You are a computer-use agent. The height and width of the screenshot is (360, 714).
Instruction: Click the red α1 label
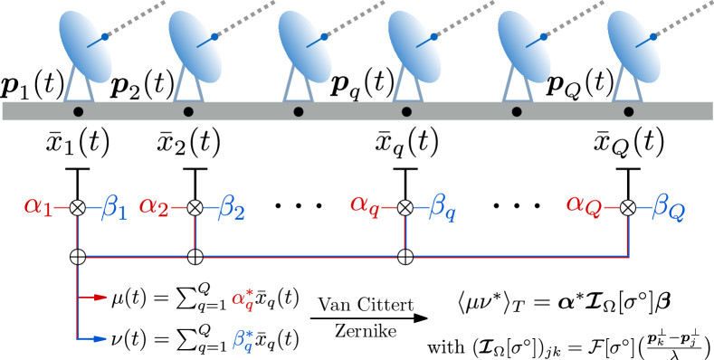click(x=38, y=207)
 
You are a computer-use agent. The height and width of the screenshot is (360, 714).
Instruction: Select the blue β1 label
click(x=115, y=207)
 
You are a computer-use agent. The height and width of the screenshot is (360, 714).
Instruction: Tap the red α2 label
click(x=154, y=208)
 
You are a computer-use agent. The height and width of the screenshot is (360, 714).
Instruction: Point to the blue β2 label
click(x=231, y=209)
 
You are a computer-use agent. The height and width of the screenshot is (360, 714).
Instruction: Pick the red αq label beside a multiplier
click(x=365, y=204)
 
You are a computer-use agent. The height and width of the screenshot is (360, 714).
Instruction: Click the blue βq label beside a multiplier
click(x=442, y=208)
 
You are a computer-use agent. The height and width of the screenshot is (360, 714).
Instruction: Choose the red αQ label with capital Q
click(x=584, y=204)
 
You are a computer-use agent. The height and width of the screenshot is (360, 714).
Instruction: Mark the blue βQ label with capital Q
click(x=668, y=209)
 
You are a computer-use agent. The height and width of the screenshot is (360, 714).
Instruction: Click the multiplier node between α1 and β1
click(x=78, y=208)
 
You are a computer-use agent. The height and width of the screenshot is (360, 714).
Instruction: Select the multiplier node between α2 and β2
click(x=195, y=208)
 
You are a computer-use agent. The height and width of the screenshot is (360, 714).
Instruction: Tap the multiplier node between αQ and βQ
click(x=627, y=208)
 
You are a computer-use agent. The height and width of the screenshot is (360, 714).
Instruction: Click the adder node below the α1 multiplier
click(x=78, y=257)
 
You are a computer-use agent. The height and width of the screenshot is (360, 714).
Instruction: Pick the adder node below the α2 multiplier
click(x=195, y=257)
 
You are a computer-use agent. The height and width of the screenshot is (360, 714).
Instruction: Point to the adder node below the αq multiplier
click(x=405, y=257)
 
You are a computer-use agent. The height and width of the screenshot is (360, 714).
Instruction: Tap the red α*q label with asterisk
click(x=243, y=299)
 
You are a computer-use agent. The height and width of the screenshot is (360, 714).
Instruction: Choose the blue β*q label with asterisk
click(x=243, y=341)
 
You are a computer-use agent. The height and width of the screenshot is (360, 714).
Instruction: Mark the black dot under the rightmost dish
click(x=629, y=111)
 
